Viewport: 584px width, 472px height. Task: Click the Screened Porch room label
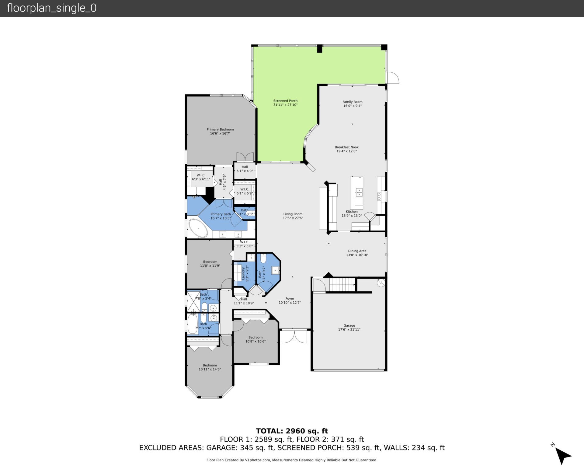click(x=285, y=101)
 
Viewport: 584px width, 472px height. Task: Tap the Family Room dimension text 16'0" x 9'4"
click(x=352, y=106)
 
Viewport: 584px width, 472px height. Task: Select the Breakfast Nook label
click(x=346, y=147)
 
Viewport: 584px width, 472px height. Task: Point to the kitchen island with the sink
click(x=356, y=191)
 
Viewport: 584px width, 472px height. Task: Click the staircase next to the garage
click(x=342, y=285)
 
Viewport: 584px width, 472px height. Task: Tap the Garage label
click(x=349, y=325)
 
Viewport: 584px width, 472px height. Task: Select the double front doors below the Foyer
click(x=294, y=336)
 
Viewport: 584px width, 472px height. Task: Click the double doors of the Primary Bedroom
click(x=245, y=157)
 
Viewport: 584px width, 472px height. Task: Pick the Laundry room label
click(x=243, y=273)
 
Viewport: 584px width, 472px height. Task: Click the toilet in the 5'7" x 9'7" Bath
click(x=263, y=259)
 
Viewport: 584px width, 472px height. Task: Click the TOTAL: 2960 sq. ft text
click(x=292, y=431)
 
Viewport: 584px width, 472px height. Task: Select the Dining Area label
click(x=357, y=251)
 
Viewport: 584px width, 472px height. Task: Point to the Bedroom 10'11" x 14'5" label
click(x=210, y=365)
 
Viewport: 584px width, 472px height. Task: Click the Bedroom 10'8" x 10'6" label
click(x=255, y=337)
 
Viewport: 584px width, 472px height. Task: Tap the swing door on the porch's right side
click(x=392, y=78)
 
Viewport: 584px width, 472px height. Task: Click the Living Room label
click(x=293, y=214)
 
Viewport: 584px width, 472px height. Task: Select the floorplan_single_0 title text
click(x=52, y=8)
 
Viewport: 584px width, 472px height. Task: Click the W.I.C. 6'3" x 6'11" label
click(x=201, y=175)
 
